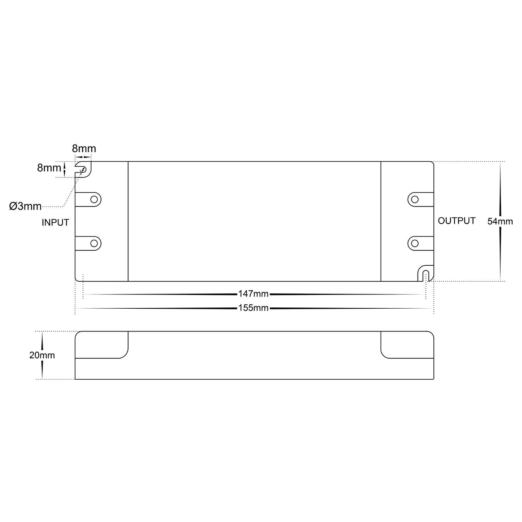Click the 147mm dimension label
coord(253,294)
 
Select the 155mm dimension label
coord(253,308)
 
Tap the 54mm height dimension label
coord(500,221)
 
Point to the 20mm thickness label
coord(42,356)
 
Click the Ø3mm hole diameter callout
coord(25,206)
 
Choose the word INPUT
coord(55,223)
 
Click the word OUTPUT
coord(457,221)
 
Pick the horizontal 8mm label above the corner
coord(84,149)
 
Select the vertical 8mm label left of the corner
coord(49,168)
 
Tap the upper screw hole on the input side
coord(93,199)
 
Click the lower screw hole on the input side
coord(93,243)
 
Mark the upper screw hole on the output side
coord(415,199)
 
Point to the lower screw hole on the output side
coord(415,243)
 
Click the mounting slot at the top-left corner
coord(83,169)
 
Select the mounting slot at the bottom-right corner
coord(425,274)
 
